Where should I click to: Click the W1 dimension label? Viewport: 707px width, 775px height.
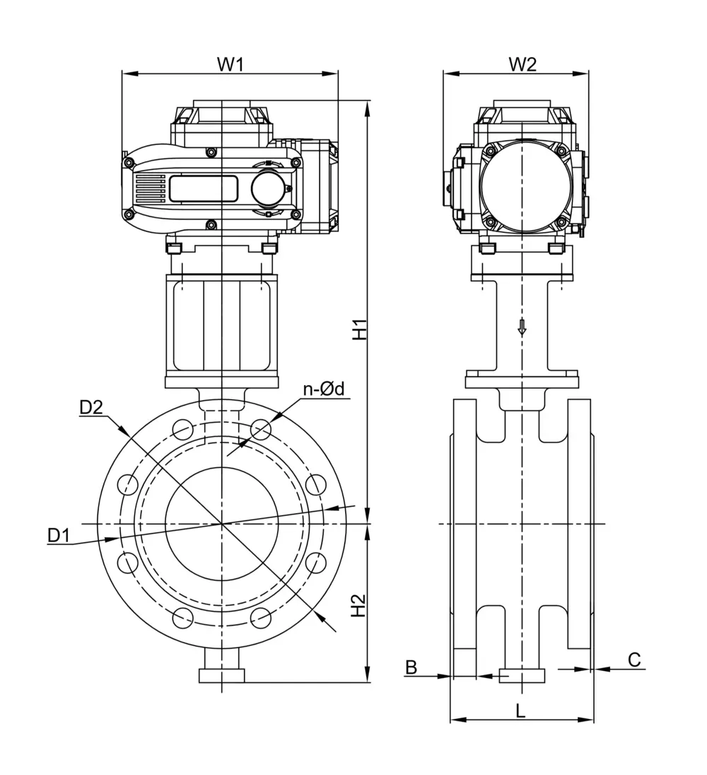tap(230, 64)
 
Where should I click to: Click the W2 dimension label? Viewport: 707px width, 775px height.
tap(522, 64)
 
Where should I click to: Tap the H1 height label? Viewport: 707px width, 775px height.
tap(361, 329)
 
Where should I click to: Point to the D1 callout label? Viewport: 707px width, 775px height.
tap(59, 536)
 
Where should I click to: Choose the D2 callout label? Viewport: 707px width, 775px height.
tap(91, 407)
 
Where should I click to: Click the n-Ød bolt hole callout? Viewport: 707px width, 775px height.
tap(323, 389)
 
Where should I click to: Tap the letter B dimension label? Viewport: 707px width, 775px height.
tap(411, 666)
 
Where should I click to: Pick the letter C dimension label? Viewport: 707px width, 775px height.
tap(634, 660)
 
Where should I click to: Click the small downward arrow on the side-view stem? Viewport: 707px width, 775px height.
tap(522, 327)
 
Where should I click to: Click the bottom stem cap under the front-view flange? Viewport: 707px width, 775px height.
tap(222, 675)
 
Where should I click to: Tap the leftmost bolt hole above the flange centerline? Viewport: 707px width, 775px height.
tap(129, 484)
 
